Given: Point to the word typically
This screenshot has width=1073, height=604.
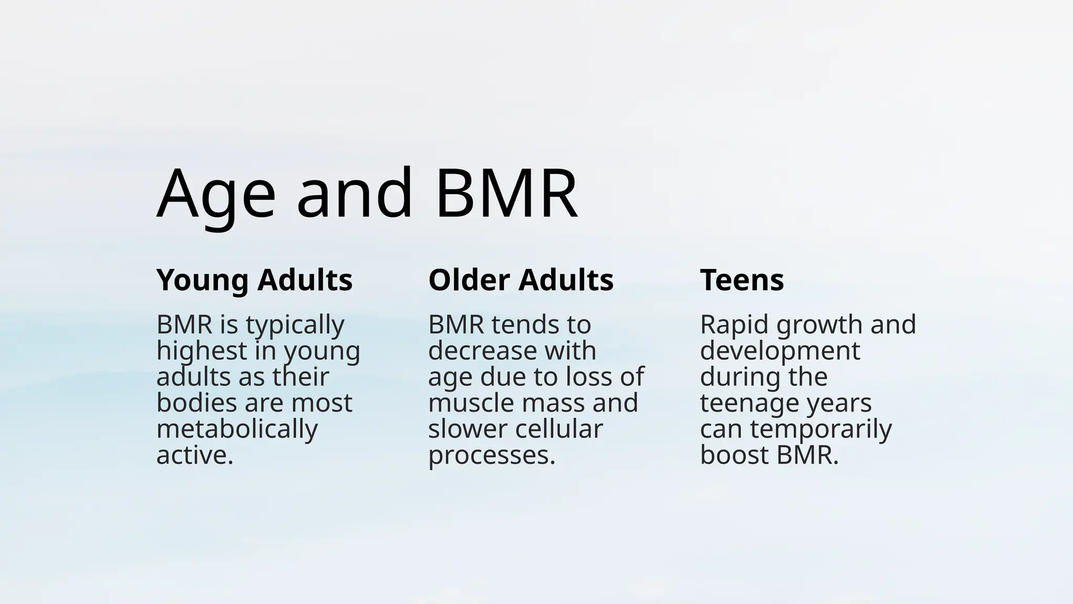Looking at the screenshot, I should [x=295, y=326].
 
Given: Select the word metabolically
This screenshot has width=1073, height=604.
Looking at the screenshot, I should [x=237, y=429].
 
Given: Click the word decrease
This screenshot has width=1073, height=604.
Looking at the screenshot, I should [x=475, y=351].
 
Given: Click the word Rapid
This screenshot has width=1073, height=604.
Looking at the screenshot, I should [x=736, y=325].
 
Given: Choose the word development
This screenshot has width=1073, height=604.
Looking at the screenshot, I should [x=780, y=351].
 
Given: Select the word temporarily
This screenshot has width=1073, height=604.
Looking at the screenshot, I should [x=820, y=429].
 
